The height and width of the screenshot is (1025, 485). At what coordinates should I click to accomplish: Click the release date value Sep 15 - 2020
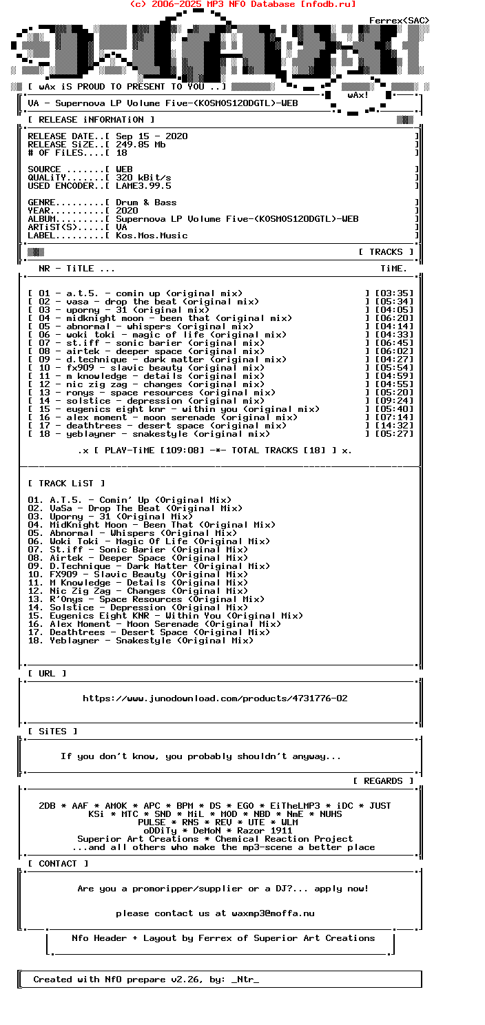[152, 136]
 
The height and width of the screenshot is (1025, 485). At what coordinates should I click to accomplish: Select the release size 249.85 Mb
[141, 145]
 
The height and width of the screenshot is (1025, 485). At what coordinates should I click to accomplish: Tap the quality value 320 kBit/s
[143, 178]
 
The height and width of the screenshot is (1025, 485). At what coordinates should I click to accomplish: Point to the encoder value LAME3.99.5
[143, 186]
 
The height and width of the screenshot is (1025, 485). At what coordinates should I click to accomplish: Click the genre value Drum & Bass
[146, 203]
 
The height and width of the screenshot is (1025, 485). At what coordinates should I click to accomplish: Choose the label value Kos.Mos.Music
[152, 236]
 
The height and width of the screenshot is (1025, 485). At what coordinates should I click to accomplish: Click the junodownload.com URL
[215, 698]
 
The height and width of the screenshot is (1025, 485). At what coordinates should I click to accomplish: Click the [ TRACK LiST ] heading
[66, 484]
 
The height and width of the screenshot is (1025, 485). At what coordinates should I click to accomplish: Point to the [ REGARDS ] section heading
[383, 781]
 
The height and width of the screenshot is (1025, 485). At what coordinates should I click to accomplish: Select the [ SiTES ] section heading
[52, 732]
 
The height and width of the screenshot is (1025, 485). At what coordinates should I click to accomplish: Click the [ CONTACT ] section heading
[58, 864]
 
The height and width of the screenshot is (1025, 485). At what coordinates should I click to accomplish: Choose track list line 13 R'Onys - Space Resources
[146, 599]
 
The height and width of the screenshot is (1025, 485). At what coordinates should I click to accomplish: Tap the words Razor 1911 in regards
[265, 831]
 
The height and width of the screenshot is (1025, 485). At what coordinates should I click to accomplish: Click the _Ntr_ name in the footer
[245, 980]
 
